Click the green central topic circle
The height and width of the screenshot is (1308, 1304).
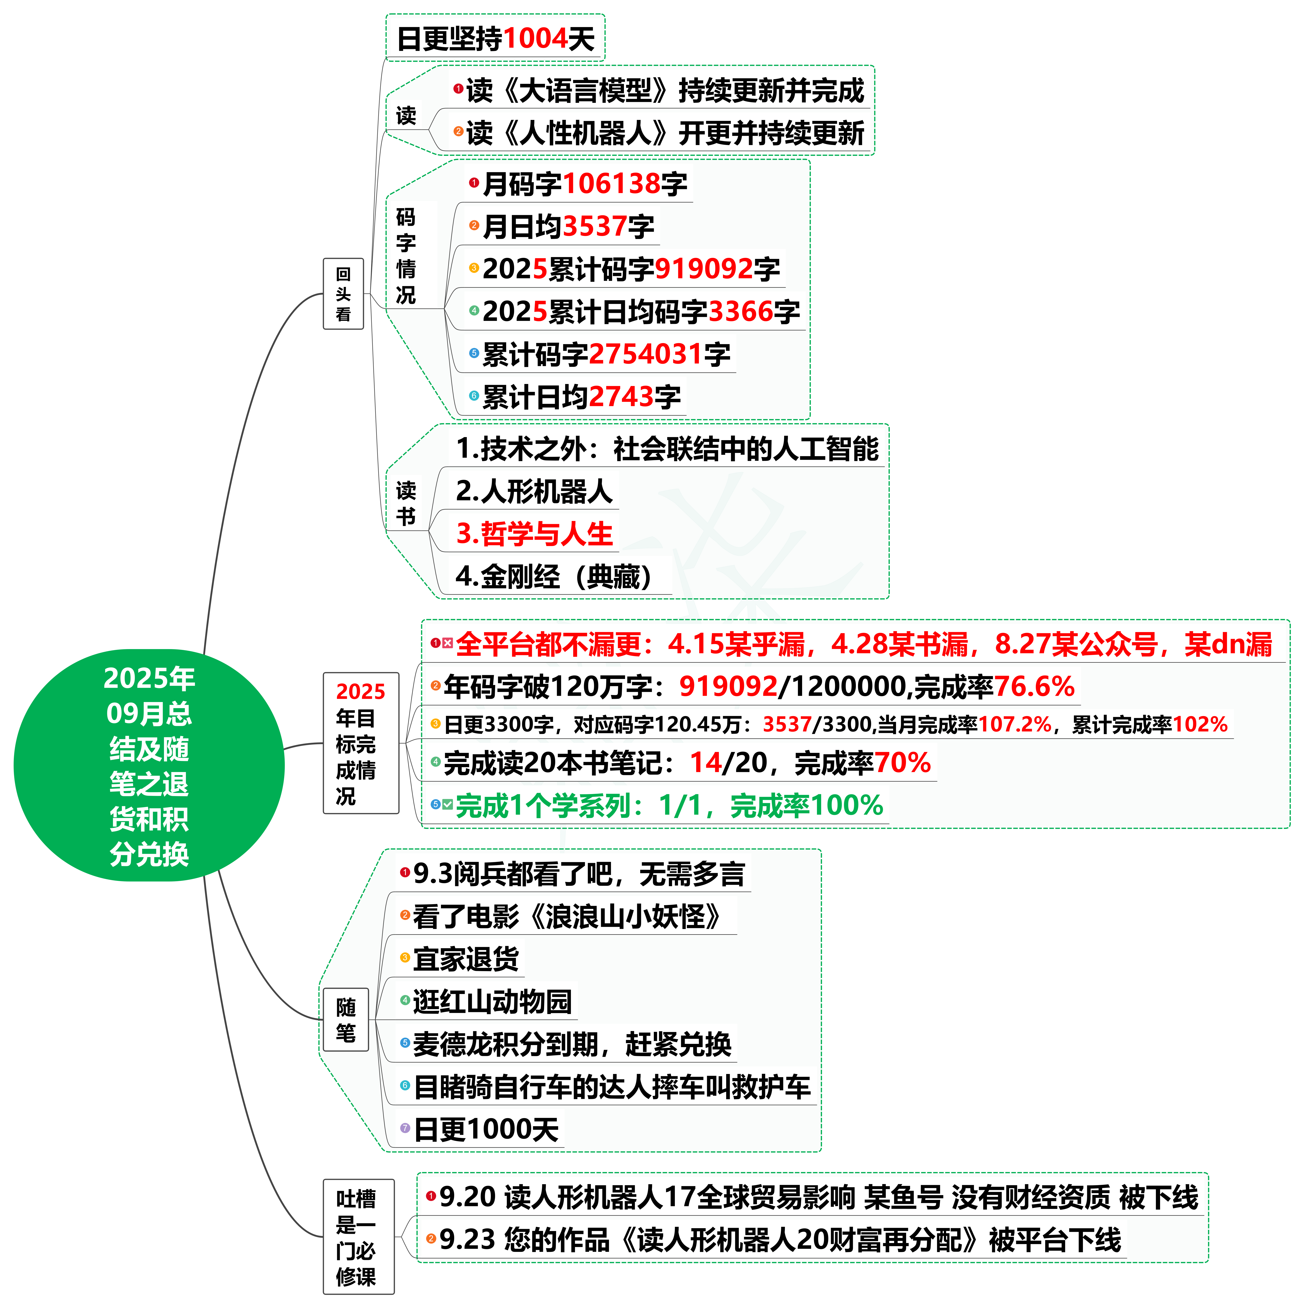[x=149, y=765]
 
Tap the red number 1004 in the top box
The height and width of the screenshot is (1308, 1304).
[x=535, y=39]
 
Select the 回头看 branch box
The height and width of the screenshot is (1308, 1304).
[x=343, y=294]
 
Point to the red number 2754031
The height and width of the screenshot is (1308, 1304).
[x=646, y=354]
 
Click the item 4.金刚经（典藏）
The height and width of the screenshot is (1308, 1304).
[x=554, y=576]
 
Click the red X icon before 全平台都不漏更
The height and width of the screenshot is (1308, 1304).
[x=447, y=643]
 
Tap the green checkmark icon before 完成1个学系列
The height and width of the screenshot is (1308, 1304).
[x=447, y=804]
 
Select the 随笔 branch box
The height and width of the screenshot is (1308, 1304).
[x=346, y=1020]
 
